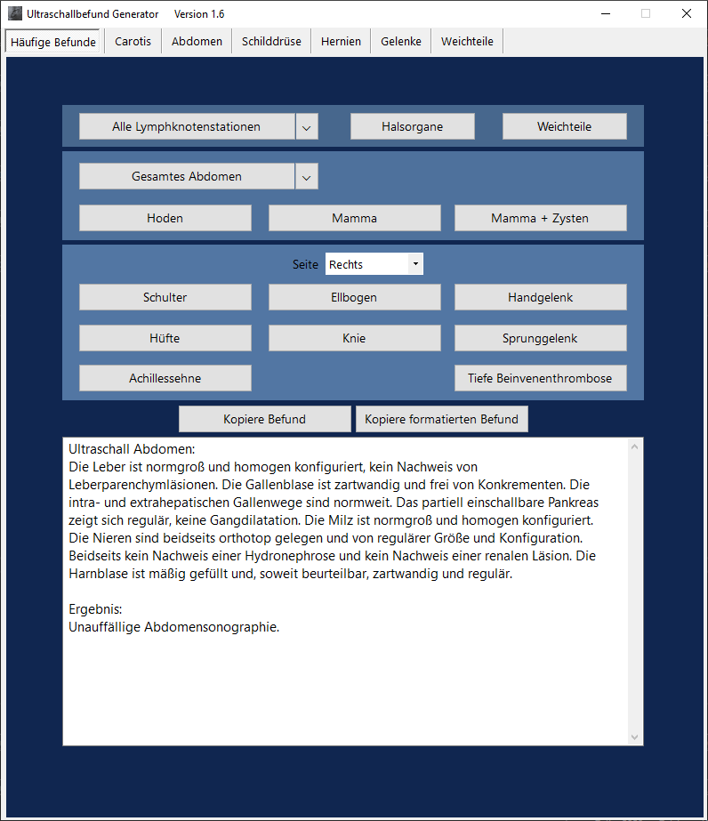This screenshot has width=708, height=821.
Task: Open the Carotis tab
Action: pos(133,41)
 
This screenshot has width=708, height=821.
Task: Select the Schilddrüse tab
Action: pos(271,41)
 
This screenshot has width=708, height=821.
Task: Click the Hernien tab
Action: pos(341,41)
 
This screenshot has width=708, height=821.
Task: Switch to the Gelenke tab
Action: pos(401,41)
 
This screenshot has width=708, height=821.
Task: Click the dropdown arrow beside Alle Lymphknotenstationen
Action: pos(306,127)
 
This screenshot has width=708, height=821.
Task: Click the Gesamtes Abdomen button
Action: pos(187,177)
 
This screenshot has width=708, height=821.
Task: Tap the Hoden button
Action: pos(165,218)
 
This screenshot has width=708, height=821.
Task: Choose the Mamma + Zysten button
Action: pos(540,218)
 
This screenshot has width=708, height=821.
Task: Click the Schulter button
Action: pos(165,297)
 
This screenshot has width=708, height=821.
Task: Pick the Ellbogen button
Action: pos(354,297)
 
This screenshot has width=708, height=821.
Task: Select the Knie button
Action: pos(354,338)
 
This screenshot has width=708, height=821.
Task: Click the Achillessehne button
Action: pos(165,378)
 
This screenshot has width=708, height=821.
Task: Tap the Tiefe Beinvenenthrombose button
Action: pos(540,378)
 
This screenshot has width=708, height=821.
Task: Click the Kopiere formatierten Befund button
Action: pos(441,419)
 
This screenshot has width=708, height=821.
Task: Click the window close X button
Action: pos(687,13)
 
